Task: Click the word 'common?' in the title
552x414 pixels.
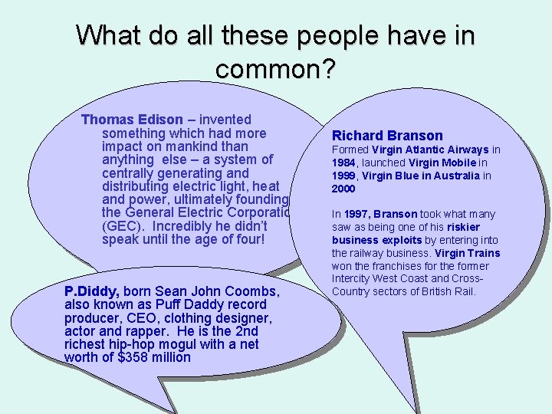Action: click(276, 69)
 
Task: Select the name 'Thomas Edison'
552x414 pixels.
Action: click(132, 120)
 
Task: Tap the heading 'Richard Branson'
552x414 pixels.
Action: click(387, 136)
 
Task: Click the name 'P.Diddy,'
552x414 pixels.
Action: click(91, 292)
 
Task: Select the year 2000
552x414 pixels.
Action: click(343, 189)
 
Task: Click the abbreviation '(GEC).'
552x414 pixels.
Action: click(123, 226)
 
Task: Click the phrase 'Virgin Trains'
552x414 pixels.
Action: click(468, 253)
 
